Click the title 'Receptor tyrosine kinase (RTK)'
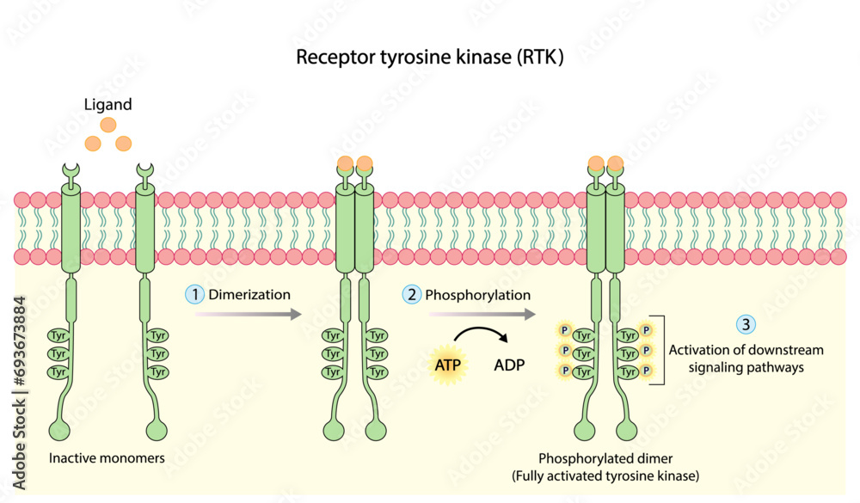coord(429,58)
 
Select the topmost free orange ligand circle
coord(108,125)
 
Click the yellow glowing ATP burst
coord(447,365)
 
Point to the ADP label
coord(509,365)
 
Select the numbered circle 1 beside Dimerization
coord(195,294)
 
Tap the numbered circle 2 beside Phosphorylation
coord(412,294)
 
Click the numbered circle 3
coord(746,324)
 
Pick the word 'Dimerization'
coord(250,294)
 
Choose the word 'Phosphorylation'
coord(479,294)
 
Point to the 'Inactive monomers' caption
coord(107,458)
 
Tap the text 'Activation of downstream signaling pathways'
coord(746,359)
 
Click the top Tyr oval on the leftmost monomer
coord(58,335)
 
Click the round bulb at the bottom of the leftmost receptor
coord(59,431)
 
